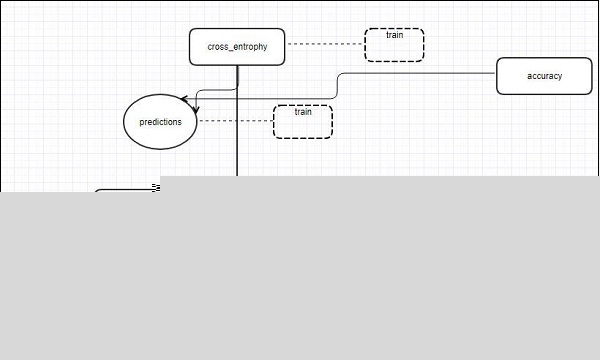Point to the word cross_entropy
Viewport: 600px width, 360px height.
(237, 46)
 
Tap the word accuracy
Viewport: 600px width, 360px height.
(544, 76)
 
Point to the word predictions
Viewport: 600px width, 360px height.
(160, 121)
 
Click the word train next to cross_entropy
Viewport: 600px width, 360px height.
(394, 36)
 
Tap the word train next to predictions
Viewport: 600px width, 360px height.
(303, 111)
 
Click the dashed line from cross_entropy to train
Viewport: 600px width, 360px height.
(324, 45)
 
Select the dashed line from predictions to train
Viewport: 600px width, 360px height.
(236, 121)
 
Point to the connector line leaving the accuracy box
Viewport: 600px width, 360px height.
(420, 73)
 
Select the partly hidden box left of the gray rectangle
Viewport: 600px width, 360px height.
(126, 190)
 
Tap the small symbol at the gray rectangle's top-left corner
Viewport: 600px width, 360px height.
(156, 186)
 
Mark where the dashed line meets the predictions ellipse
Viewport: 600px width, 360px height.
(198, 121)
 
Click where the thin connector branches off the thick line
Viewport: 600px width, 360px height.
(237, 90)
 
